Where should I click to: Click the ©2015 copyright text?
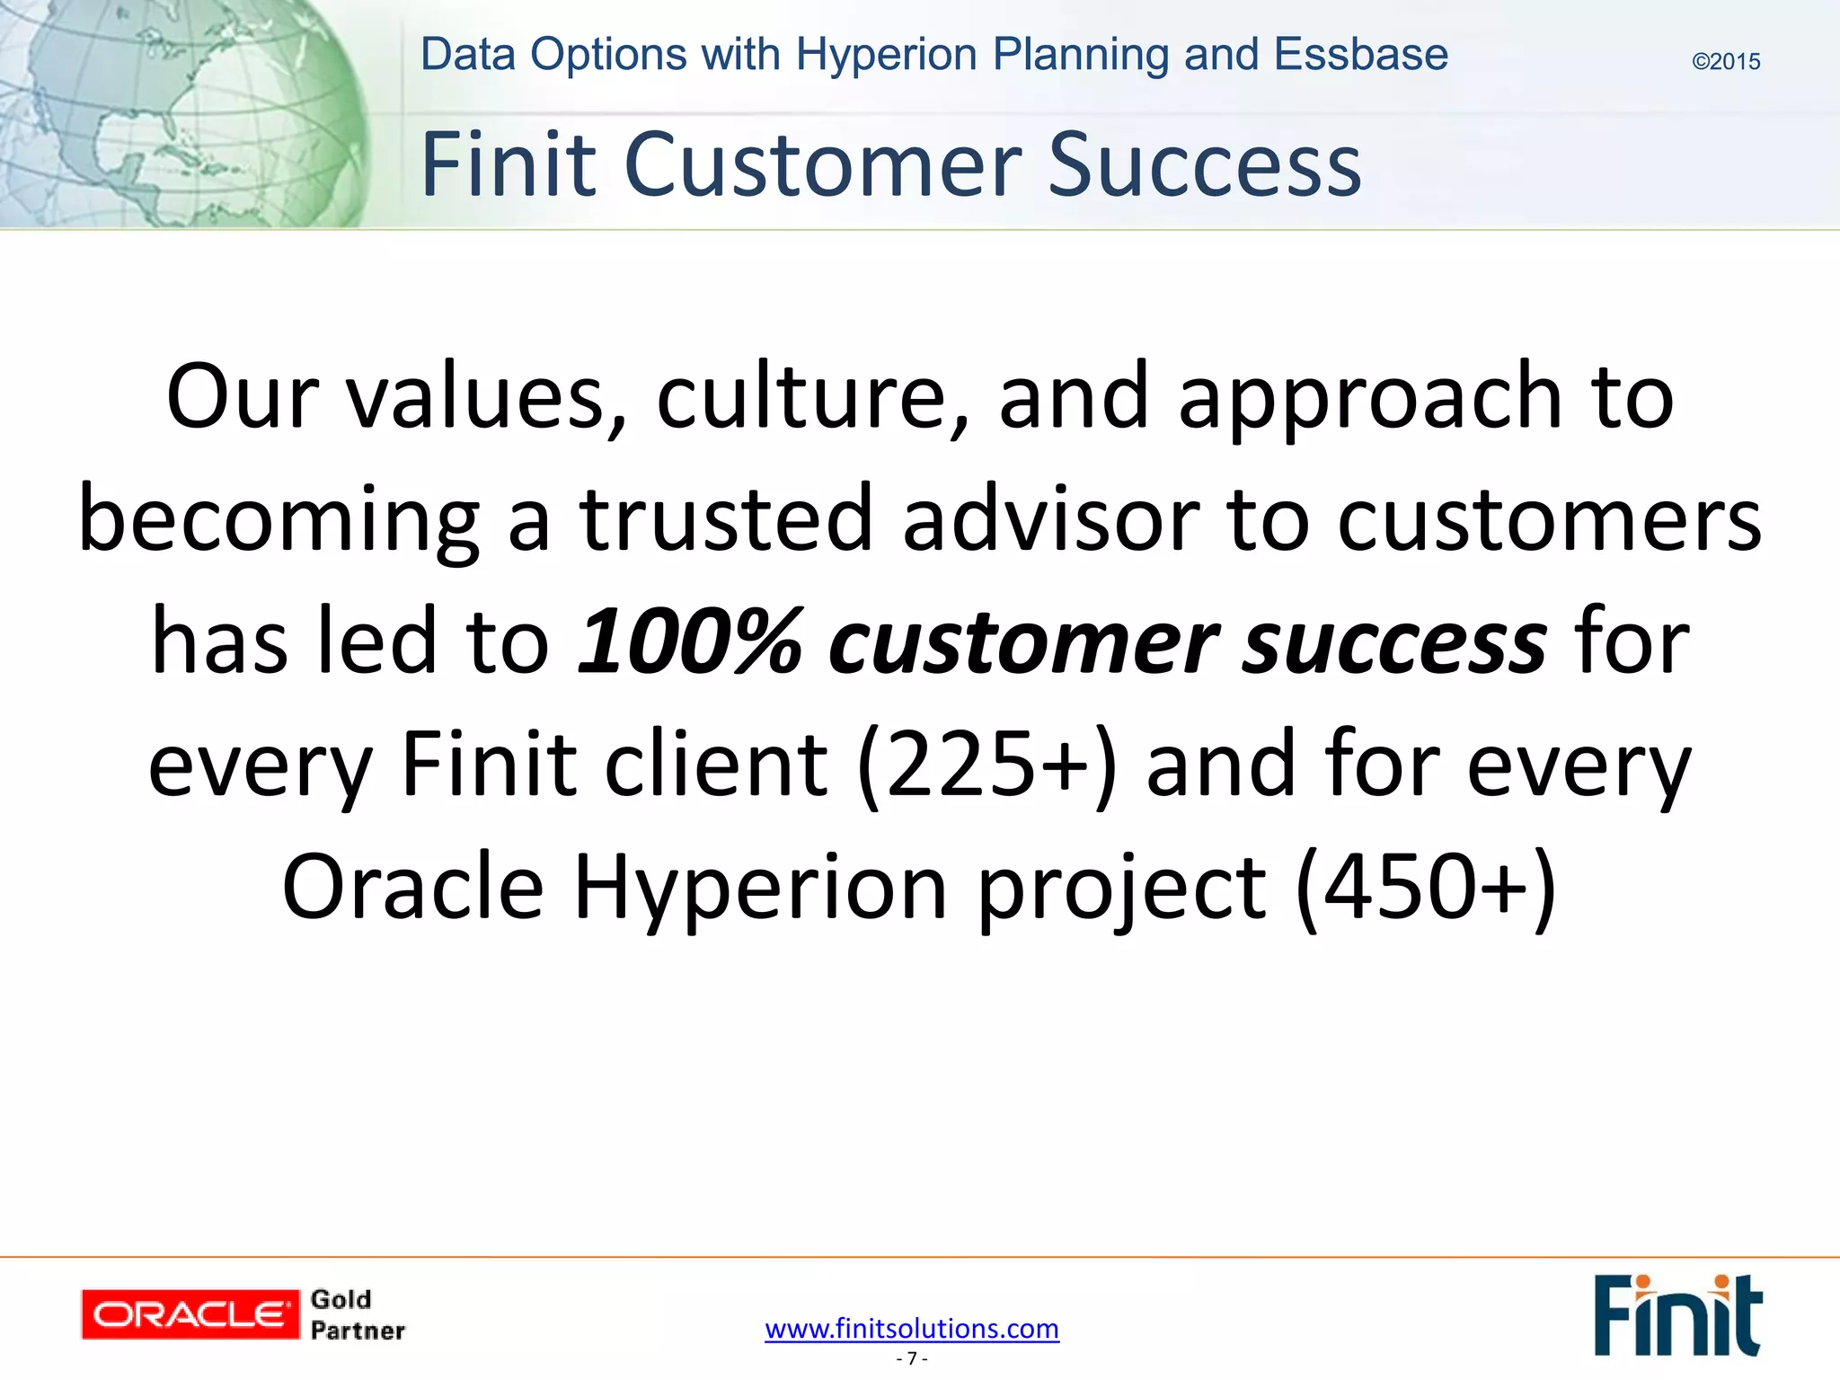tap(1725, 61)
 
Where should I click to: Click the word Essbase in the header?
tap(1360, 54)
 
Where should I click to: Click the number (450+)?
tap(1426, 887)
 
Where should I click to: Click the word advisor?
tap(1051, 518)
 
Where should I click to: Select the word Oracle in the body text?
tap(413, 887)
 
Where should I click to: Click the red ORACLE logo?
tap(190, 1314)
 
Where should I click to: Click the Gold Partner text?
tap(357, 1314)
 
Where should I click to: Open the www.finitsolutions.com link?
tap(912, 1328)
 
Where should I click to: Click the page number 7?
tap(912, 1358)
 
